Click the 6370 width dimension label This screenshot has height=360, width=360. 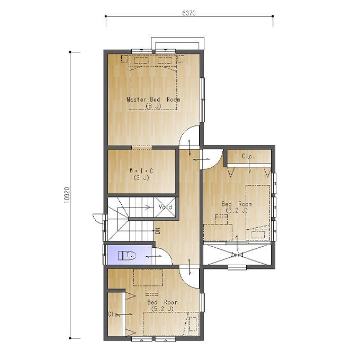click(x=189, y=13)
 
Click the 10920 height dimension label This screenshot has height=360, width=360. click(x=67, y=195)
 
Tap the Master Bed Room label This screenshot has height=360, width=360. click(x=154, y=100)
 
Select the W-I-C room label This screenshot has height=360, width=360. click(x=141, y=171)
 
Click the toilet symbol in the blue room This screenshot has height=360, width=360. click(x=127, y=255)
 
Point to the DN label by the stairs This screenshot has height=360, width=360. click(x=158, y=231)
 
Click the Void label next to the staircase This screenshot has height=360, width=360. click(x=165, y=207)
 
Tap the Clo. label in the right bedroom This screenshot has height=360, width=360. click(x=248, y=156)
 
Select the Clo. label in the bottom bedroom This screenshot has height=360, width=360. click(x=114, y=314)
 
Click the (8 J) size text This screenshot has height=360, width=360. click(x=154, y=106)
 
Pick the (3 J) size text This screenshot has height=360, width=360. click(x=141, y=178)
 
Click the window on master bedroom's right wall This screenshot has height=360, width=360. click(x=202, y=100)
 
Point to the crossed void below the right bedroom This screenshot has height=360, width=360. click(x=237, y=255)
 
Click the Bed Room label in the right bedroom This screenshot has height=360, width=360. click(x=237, y=204)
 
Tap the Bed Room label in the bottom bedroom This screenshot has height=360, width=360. click(x=163, y=302)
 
